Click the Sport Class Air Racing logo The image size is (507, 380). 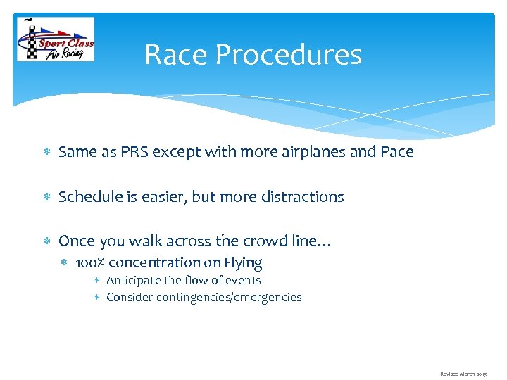pyautogui.click(x=56, y=39)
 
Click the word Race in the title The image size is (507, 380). pyautogui.click(x=174, y=55)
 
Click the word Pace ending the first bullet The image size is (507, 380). pyautogui.click(x=396, y=152)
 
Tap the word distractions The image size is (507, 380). pyautogui.click(x=301, y=197)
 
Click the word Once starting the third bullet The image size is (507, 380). pyautogui.click(x=76, y=241)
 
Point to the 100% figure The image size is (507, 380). pyautogui.click(x=89, y=263)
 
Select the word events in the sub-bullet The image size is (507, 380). pyautogui.click(x=244, y=280)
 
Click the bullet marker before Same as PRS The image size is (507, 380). pyautogui.click(x=46, y=153)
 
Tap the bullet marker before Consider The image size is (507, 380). pyautogui.click(x=99, y=298)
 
